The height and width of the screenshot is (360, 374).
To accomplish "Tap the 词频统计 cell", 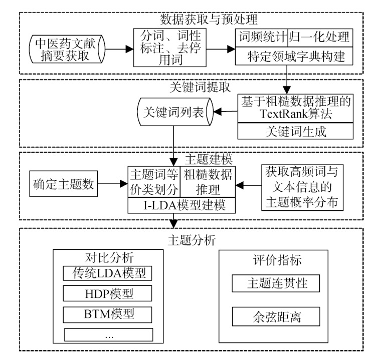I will tap(261, 37).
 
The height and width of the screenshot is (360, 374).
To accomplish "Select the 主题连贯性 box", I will tap(276, 284).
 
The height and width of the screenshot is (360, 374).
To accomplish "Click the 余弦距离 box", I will tap(276, 316).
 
